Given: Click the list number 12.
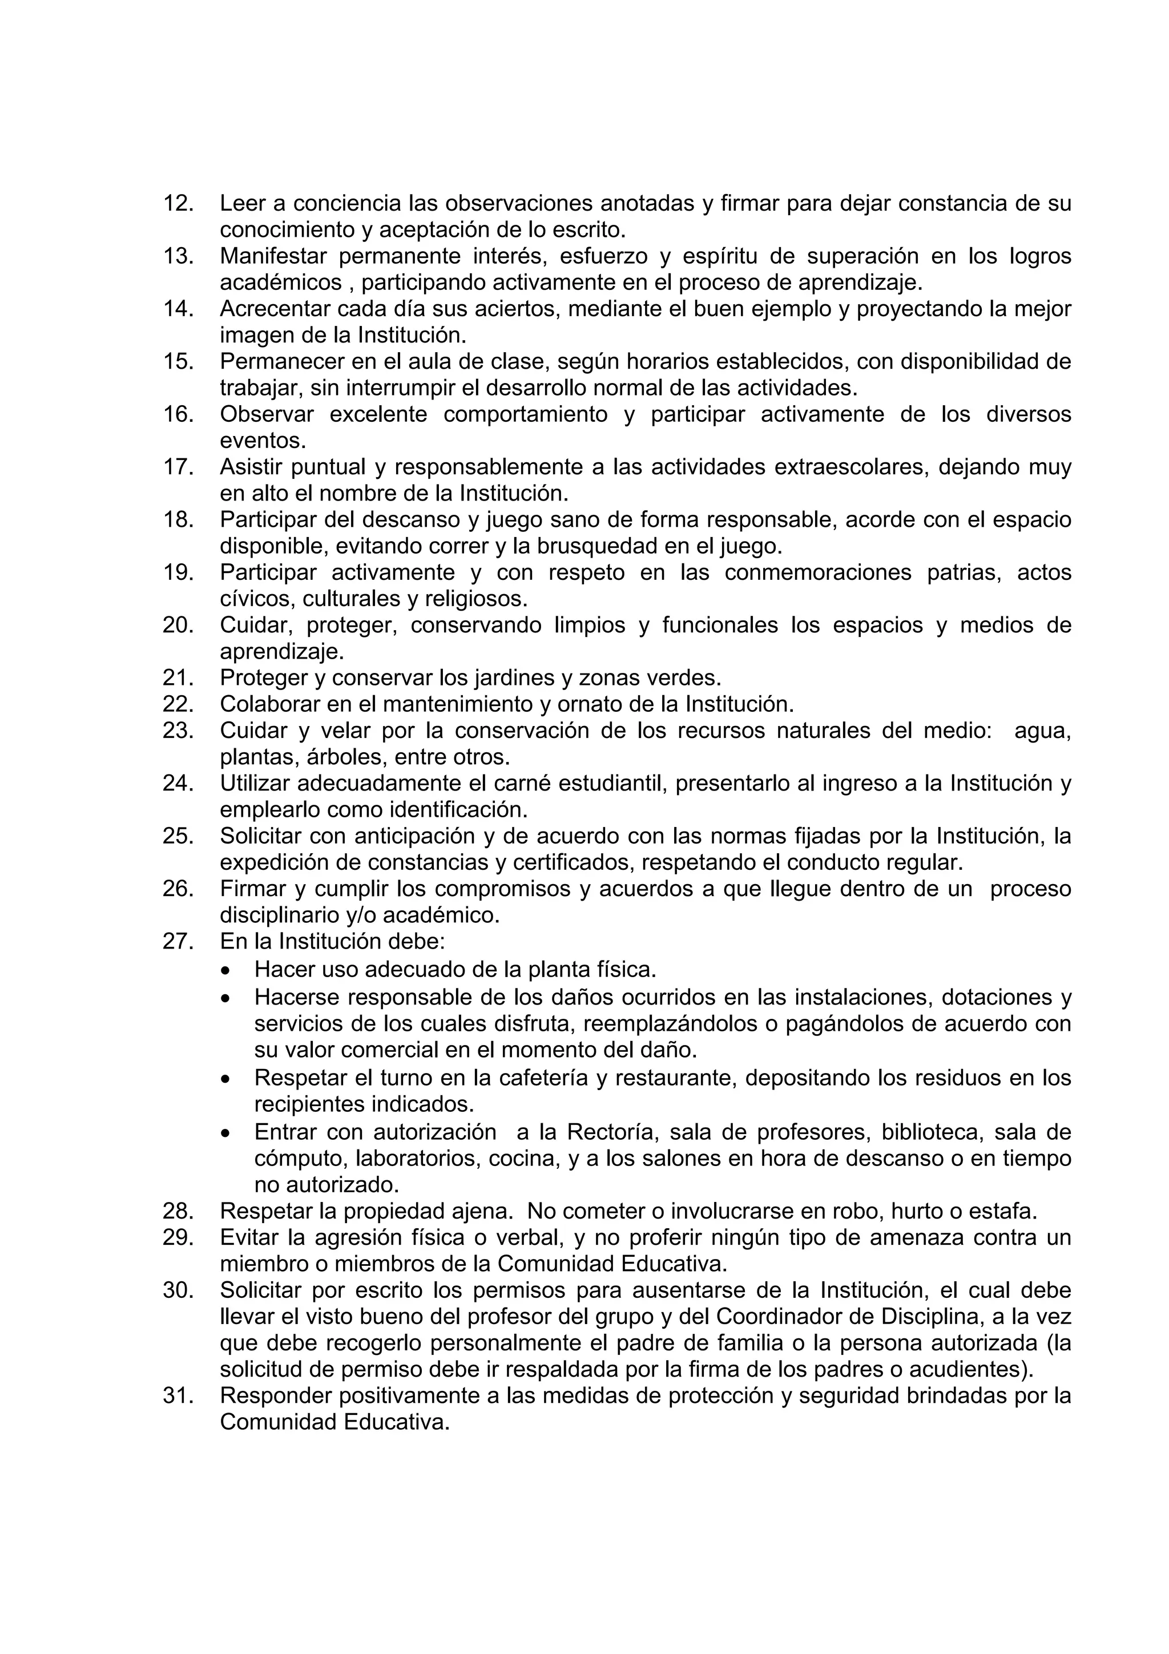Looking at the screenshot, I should [x=179, y=204].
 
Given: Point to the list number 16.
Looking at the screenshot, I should [x=179, y=414].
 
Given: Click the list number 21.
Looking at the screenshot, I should [x=179, y=678].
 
